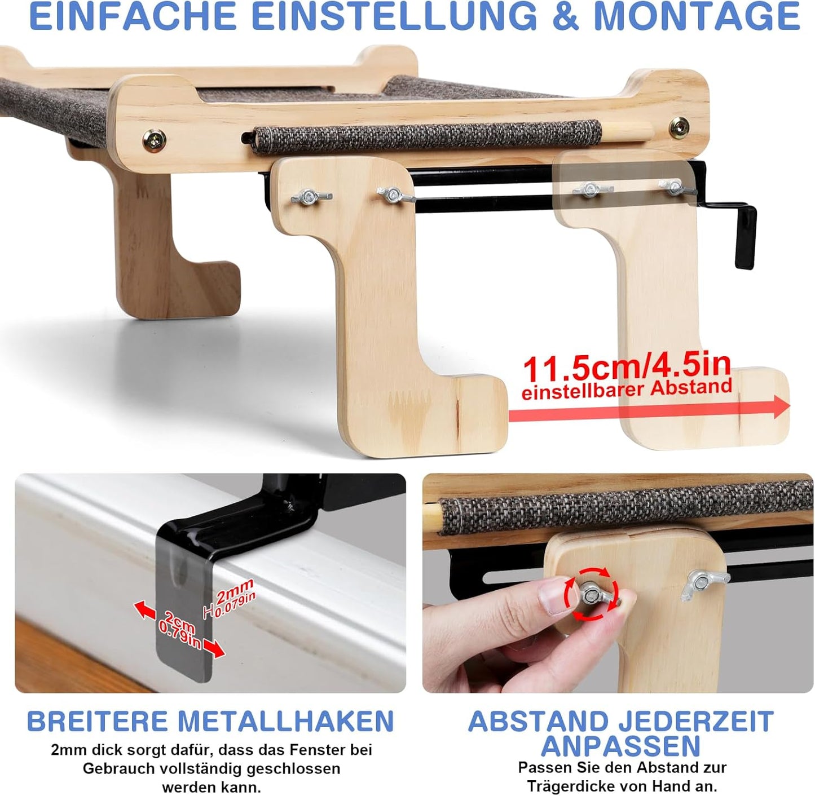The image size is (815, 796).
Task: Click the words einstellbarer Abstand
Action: (x=626, y=390)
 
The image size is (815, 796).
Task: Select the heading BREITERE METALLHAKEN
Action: (x=210, y=722)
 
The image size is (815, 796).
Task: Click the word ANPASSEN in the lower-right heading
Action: (x=620, y=746)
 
